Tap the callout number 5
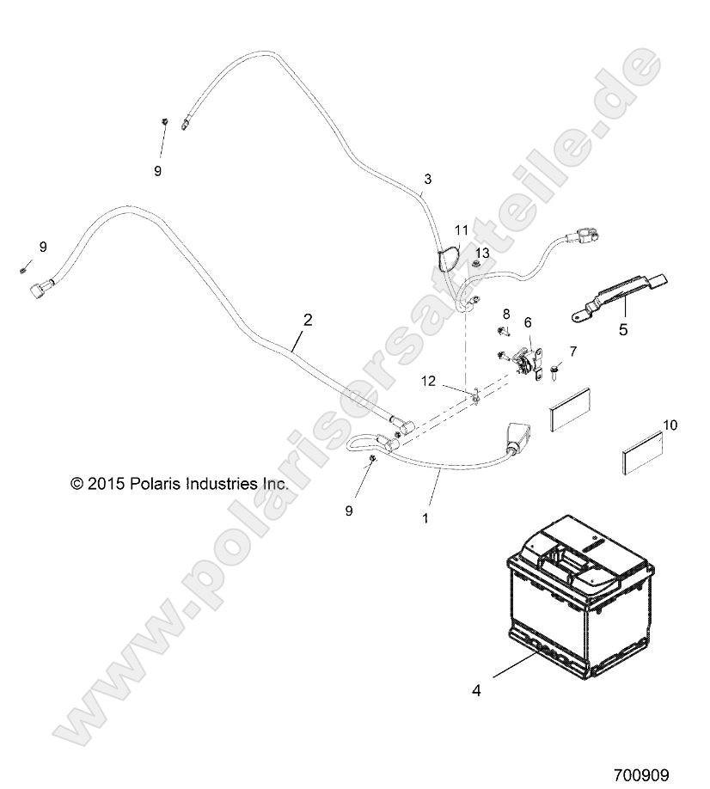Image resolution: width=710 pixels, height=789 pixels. click(x=623, y=329)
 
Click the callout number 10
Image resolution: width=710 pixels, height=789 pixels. click(x=670, y=425)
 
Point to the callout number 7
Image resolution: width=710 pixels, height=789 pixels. click(x=573, y=352)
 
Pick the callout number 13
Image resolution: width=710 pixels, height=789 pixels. click(x=482, y=252)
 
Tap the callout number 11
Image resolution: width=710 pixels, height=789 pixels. click(x=462, y=230)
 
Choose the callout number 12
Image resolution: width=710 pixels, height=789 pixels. click(x=428, y=381)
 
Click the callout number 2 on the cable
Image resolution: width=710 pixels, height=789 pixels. click(x=308, y=320)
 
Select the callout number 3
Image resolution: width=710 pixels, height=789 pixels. click(x=428, y=179)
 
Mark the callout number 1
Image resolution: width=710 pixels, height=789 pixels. click(x=425, y=517)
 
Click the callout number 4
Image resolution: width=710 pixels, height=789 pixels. click(x=476, y=690)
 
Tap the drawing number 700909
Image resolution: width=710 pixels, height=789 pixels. click(x=641, y=774)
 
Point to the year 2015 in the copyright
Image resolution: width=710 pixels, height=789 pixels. click(x=105, y=484)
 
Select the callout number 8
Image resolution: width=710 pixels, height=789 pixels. click(x=506, y=314)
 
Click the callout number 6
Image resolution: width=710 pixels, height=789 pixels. click(x=527, y=322)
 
